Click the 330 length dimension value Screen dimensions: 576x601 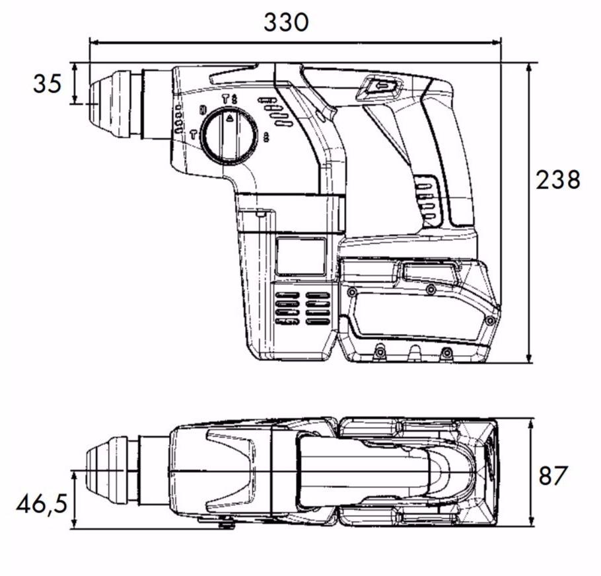coord(286,22)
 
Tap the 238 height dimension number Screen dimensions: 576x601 coord(558,180)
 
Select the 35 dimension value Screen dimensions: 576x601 coord(48,84)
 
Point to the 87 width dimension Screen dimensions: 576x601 coord(553,475)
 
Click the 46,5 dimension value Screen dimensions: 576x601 coord(42,505)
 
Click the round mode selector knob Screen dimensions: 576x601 coord(229,136)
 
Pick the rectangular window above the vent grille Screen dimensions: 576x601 coord(300,257)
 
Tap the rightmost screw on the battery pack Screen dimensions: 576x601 coord(489,320)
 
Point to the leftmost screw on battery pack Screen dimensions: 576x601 coord(352,292)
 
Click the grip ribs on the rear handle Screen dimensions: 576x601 coord(427,198)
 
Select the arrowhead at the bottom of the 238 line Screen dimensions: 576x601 coord(529,358)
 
